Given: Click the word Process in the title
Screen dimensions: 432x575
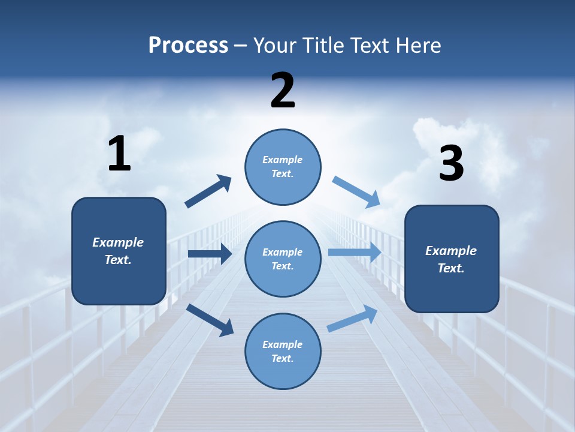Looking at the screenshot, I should point(188,46).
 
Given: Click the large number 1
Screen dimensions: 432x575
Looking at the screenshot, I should point(119,154).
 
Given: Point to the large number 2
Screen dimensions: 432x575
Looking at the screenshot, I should point(283,91).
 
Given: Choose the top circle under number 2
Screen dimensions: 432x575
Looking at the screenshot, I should point(283,167).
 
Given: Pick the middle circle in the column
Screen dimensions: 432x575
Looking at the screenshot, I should point(283,259).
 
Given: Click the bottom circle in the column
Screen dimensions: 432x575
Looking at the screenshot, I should point(283,351).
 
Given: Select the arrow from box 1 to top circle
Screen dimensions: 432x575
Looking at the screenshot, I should point(208,191).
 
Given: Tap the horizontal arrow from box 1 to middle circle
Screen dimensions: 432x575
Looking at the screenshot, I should point(210,254).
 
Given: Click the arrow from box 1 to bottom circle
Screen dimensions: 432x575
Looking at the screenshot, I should point(210,320).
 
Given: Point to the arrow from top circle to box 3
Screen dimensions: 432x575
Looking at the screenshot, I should point(356,192).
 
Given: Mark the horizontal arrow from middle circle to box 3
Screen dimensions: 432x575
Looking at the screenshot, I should point(354,253).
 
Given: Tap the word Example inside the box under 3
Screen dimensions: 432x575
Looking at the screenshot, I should point(451,251).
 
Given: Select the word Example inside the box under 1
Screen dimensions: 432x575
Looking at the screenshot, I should point(118,242).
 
